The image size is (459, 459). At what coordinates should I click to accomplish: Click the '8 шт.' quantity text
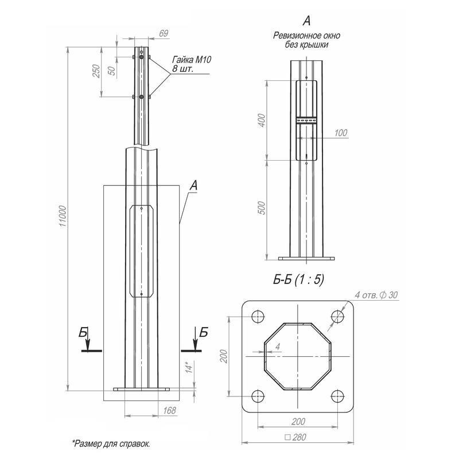[182, 69]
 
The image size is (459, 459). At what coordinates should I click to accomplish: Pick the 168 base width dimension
[169, 410]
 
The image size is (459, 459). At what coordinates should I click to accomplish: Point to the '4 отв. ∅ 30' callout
[376, 295]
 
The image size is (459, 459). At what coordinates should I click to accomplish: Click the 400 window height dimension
[262, 120]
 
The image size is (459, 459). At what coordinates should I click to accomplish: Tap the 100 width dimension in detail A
[341, 133]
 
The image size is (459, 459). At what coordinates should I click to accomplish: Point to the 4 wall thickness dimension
[277, 347]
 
